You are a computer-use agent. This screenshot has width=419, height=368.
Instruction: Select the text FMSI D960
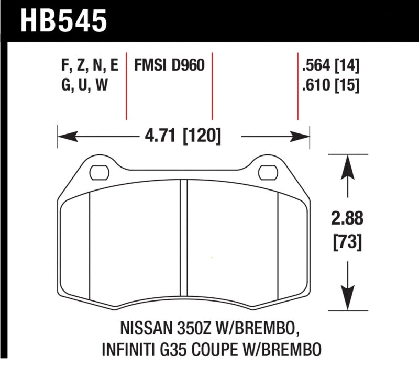point(169,66)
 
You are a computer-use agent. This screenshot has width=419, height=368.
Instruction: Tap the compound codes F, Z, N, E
point(90,66)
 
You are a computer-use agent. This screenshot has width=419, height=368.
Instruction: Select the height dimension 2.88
point(346,217)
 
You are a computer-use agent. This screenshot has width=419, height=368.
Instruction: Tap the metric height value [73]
point(346,242)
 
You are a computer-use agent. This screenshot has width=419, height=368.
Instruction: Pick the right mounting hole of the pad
point(268,171)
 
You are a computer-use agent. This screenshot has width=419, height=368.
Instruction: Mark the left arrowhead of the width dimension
point(64,137)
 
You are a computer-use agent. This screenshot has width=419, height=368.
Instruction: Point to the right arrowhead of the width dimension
point(304,137)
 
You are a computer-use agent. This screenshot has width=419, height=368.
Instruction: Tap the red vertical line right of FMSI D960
point(212,86)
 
